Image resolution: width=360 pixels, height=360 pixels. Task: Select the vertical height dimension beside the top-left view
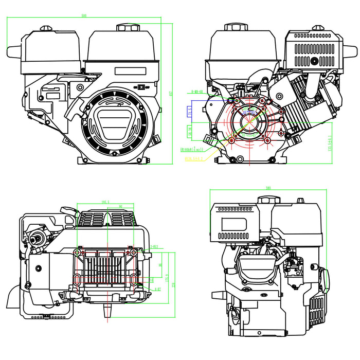170,93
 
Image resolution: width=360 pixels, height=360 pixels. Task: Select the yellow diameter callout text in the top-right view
193,159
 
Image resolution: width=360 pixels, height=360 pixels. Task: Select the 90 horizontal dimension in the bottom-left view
119,206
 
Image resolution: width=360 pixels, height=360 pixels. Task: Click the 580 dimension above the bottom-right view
267,188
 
